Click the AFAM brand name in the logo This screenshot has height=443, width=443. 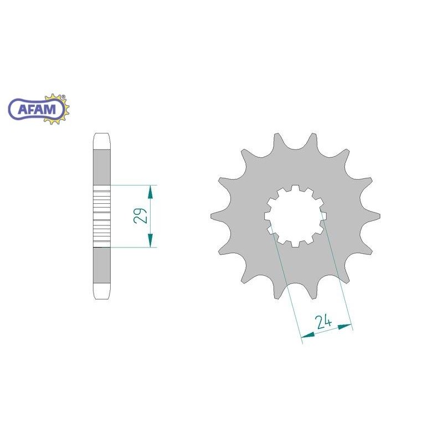37,109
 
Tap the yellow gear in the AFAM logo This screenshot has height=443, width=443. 60,109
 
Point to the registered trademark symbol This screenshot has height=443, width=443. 63,96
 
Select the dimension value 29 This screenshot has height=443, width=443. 141,216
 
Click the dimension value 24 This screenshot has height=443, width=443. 324,322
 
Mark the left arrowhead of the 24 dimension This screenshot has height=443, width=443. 308,335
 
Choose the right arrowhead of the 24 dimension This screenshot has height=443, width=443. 344,327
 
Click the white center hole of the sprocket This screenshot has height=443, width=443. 295,216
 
